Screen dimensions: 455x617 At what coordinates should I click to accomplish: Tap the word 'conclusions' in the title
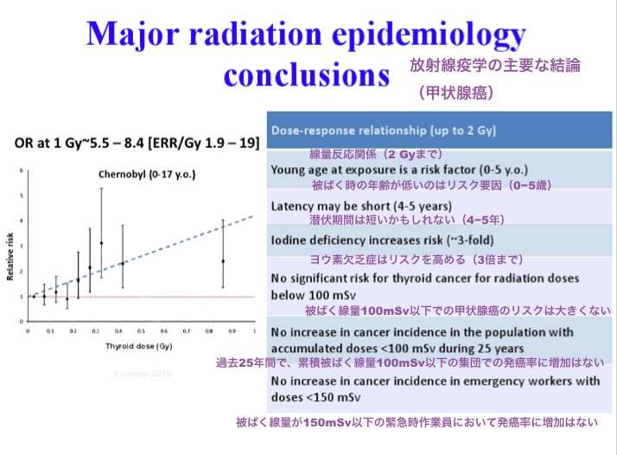click(x=305, y=74)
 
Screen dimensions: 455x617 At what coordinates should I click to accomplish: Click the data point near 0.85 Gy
click(x=223, y=260)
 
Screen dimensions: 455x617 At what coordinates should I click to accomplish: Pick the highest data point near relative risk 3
click(x=102, y=243)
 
